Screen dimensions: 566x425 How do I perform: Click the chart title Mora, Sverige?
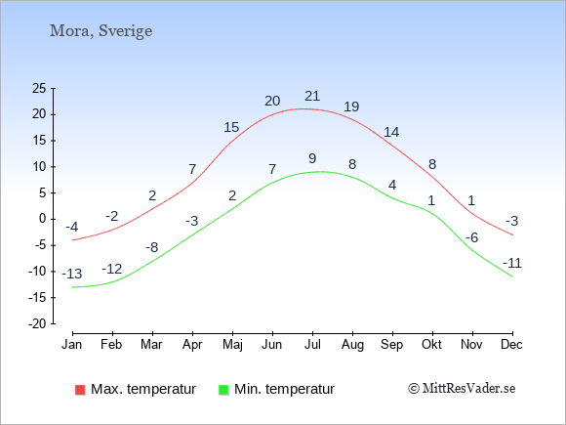(101, 31)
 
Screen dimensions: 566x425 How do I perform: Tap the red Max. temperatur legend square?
(80, 390)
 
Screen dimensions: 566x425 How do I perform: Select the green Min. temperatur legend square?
(223, 390)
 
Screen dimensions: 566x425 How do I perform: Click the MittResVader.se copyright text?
(462, 389)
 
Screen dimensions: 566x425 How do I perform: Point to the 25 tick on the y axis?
(39, 88)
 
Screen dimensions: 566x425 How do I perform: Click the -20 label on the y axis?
(37, 323)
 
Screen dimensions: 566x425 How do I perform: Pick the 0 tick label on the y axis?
(43, 219)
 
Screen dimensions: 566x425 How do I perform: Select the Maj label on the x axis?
(232, 345)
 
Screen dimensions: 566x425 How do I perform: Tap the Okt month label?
(431, 345)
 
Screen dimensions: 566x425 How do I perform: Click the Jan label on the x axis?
(72, 345)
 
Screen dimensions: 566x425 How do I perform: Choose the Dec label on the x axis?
(511, 345)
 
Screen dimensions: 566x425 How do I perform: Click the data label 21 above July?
(312, 96)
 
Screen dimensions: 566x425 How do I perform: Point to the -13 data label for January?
(72, 274)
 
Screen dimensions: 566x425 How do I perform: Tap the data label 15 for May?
(231, 127)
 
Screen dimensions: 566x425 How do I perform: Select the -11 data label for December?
(512, 263)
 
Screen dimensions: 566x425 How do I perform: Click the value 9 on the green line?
(312, 158)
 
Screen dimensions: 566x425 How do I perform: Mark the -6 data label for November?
(471, 237)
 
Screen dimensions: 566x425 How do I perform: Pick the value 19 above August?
(351, 106)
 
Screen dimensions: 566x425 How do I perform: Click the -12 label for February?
(111, 269)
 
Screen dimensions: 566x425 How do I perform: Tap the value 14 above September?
(391, 132)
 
